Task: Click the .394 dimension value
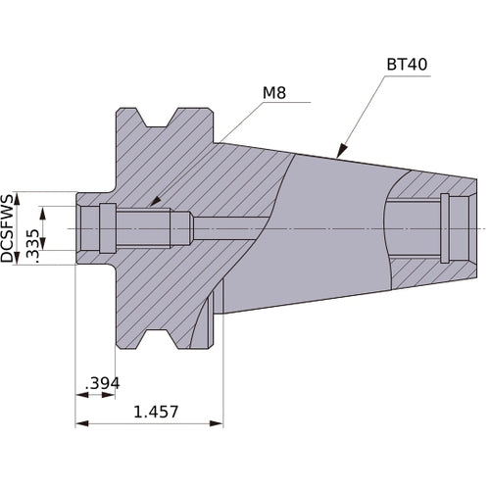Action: tap(101, 383)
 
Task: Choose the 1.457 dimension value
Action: tap(156, 413)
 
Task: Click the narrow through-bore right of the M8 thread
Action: tap(230, 227)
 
